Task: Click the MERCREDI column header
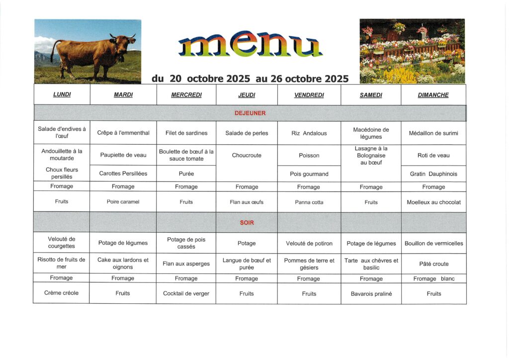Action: click(x=186, y=95)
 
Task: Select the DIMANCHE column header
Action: click(x=433, y=95)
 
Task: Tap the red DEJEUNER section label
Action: click(x=250, y=113)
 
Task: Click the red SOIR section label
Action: click(x=247, y=223)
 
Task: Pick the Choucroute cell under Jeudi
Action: click(x=247, y=155)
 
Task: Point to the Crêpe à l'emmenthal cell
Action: click(x=123, y=133)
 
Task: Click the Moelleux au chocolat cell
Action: click(x=433, y=202)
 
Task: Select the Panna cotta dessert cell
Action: click(x=309, y=202)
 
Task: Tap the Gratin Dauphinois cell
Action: click(x=433, y=174)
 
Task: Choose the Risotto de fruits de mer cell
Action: click(x=62, y=263)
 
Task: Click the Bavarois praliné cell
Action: click(x=371, y=294)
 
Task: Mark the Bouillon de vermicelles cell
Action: click(x=433, y=243)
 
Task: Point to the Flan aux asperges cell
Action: click(x=186, y=264)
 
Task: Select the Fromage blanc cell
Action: click(x=433, y=278)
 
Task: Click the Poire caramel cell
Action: click(x=123, y=202)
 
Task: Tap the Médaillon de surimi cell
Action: click(x=433, y=133)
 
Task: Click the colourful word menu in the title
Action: click(x=250, y=47)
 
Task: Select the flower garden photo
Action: click(x=412, y=51)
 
